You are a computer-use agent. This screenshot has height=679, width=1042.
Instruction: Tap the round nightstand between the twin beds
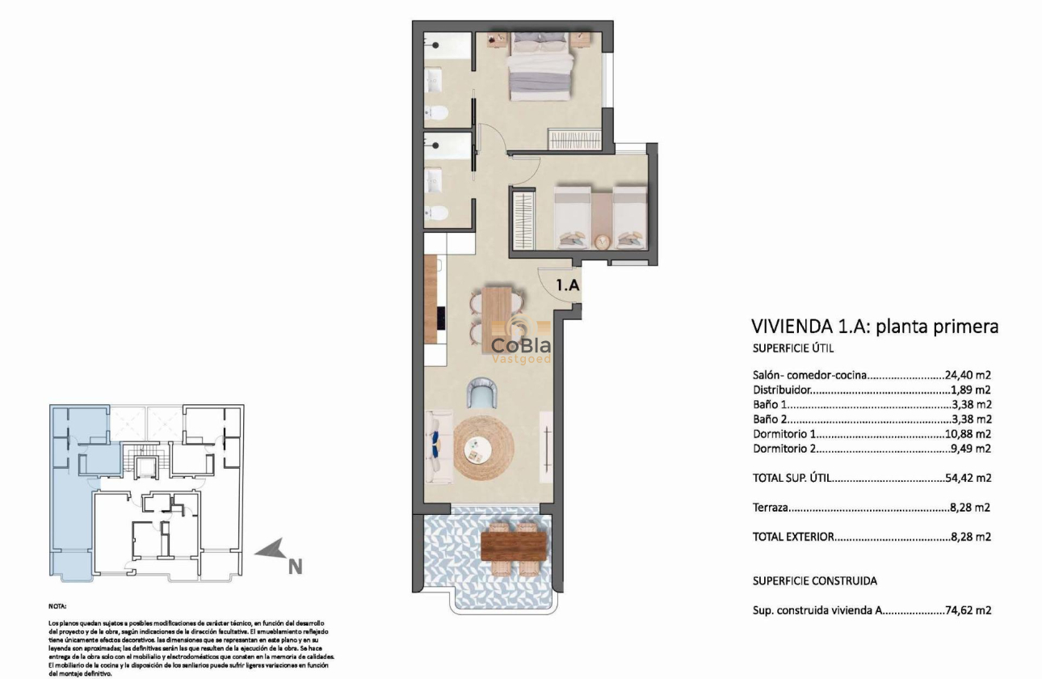602,241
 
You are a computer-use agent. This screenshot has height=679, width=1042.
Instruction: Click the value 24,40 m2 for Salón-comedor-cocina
968,374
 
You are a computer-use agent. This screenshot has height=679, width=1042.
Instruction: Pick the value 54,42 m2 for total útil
968,478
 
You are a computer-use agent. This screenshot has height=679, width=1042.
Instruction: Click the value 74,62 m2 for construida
968,610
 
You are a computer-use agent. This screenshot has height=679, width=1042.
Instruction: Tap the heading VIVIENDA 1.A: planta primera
875,327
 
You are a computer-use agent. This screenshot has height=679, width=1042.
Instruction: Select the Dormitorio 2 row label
784,448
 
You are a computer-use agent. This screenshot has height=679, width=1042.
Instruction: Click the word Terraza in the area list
771,508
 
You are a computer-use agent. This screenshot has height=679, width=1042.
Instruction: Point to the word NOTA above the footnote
58,605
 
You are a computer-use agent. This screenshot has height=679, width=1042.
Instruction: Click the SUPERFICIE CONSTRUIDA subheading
814,580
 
